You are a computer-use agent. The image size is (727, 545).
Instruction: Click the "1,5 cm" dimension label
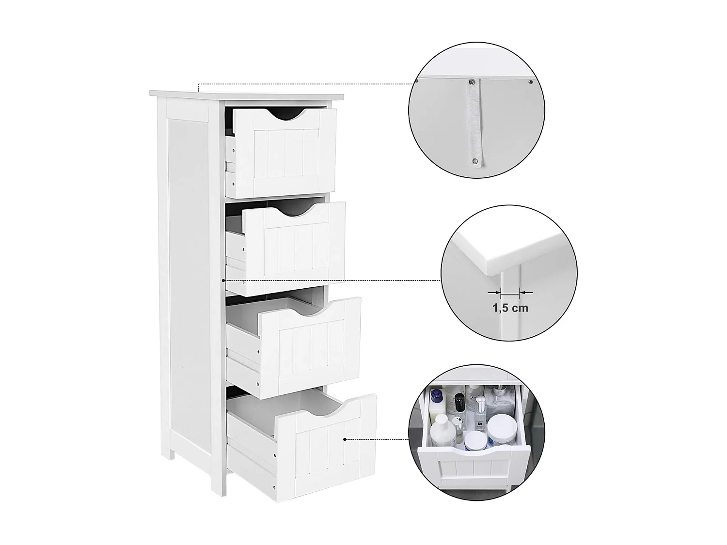click(510, 308)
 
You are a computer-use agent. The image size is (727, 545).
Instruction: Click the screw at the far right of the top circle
click(531, 82)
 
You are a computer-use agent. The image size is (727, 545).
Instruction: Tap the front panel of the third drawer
click(311, 344)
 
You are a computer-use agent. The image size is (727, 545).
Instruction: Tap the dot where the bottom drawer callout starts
click(345, 439)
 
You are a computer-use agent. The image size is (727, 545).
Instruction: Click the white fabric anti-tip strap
click(473, 121)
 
